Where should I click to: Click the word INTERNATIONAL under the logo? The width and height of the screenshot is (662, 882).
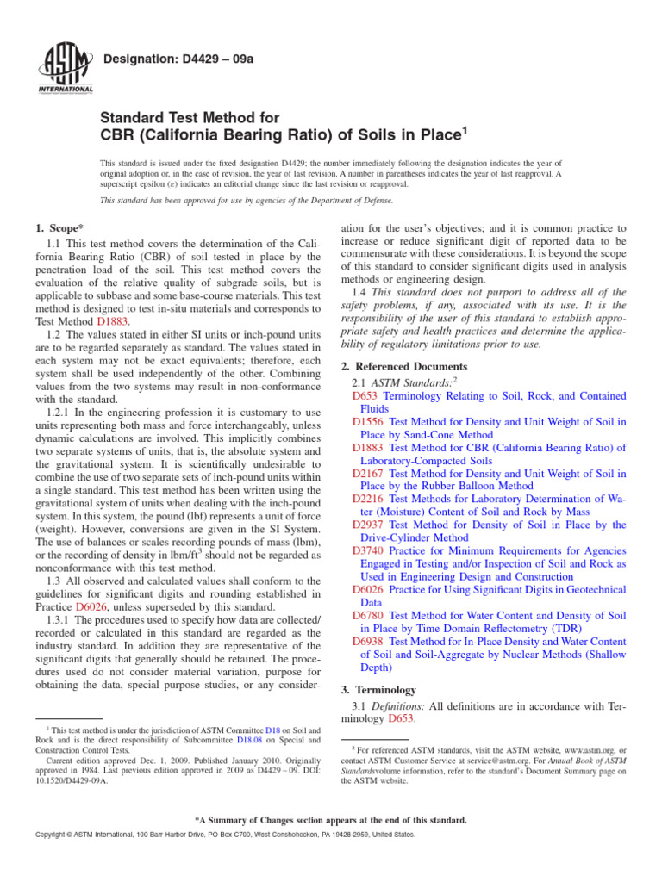(65, 89)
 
